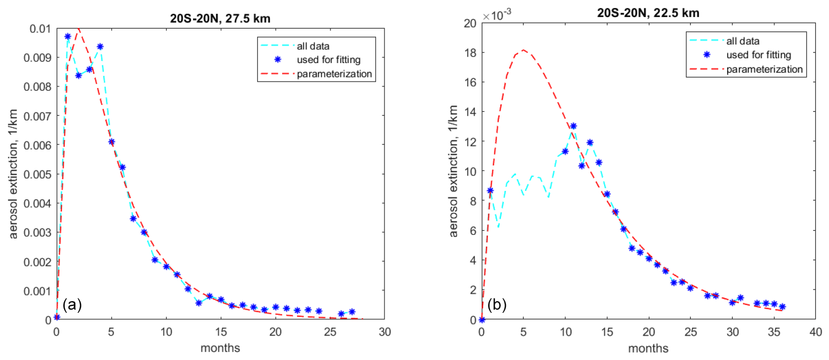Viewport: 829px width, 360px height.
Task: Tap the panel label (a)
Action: tap(72, 305)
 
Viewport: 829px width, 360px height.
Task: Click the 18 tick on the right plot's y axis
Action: tap(470, 52)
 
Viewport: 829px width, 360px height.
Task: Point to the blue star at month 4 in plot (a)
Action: tap(100, 47)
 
